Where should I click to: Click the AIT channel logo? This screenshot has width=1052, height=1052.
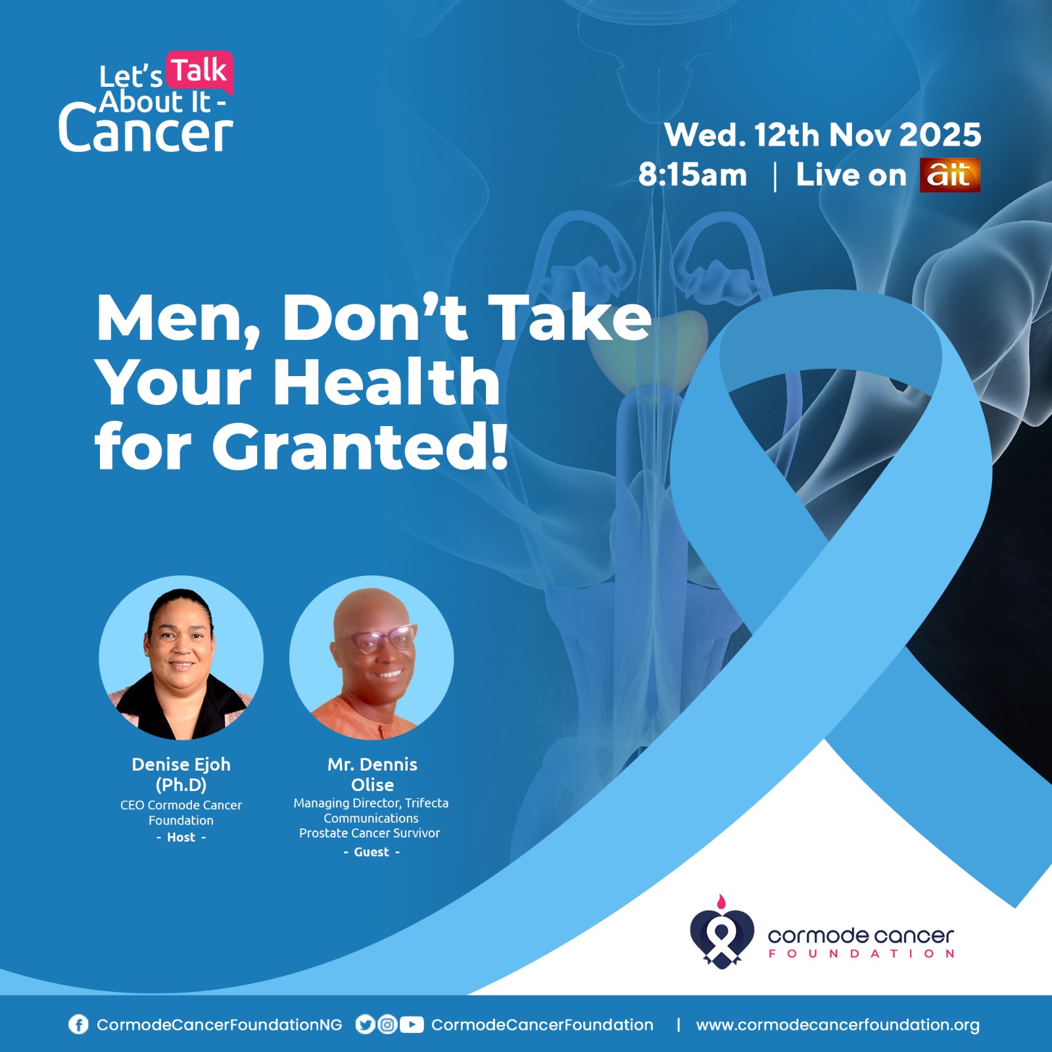click(949, 175)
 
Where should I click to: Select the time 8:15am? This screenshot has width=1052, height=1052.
click(692, 175)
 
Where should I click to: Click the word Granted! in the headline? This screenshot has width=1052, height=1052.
click(360, 446)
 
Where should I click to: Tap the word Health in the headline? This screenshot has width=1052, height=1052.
click(386, 382)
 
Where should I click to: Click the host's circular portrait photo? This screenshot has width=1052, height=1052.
click(181, 657)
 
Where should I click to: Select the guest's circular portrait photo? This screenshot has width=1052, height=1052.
click(371, 657)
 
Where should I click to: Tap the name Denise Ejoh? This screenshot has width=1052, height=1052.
click(181, 764)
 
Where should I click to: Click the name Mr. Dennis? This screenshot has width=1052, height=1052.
click(372, 764)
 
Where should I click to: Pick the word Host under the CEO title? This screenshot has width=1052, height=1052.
click(181, 837)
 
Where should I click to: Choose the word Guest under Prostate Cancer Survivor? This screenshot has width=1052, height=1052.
click(371, 852)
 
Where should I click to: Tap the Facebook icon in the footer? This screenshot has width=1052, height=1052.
click(78, 1024)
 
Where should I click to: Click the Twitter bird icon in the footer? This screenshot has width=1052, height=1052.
click(365, 1024)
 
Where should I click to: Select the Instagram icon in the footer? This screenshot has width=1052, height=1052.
click(388, 1024)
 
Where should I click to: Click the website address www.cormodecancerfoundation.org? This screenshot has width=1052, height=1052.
click(838, 1024)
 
